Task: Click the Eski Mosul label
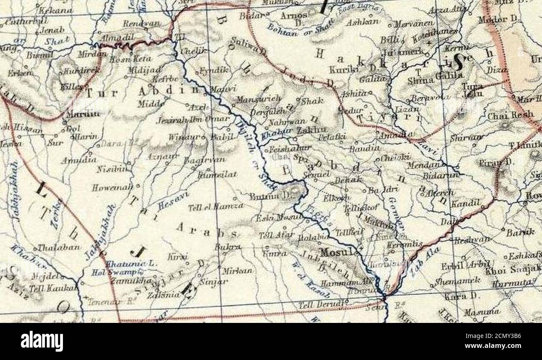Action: click(273, 218)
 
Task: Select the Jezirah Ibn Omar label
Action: click(193, 120)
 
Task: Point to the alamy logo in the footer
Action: click(42, 342)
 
